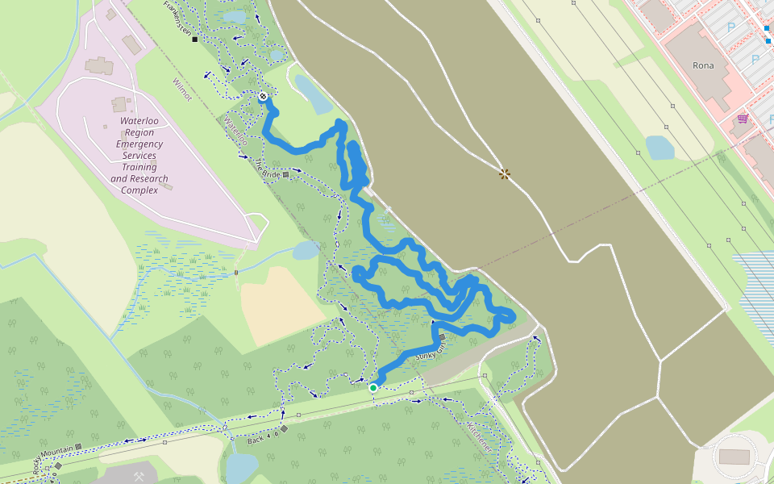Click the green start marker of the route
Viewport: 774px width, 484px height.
click(x=373, y=388)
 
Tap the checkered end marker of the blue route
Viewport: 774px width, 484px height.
click(x=264, y=97)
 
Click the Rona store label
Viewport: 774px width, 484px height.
click(x=703, y=65)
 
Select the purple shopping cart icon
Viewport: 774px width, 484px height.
click(x=742, y=119)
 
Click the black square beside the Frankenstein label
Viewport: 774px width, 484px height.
click(x=195, y=39)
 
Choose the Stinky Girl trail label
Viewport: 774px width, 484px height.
click(x=430, y=350)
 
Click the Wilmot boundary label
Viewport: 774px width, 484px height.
click(x=182, y=89)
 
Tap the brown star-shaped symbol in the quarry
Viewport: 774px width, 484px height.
click(x=505, y=173)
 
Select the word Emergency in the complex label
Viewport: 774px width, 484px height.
click(x=139, y=144)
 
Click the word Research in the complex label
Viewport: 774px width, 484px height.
click(x=148, y=178)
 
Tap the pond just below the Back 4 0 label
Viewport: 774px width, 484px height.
click(x=241, y=466)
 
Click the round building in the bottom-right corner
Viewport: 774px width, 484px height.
click(x=733, y=457)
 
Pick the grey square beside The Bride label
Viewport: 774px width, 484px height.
click(x=285, y=173)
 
